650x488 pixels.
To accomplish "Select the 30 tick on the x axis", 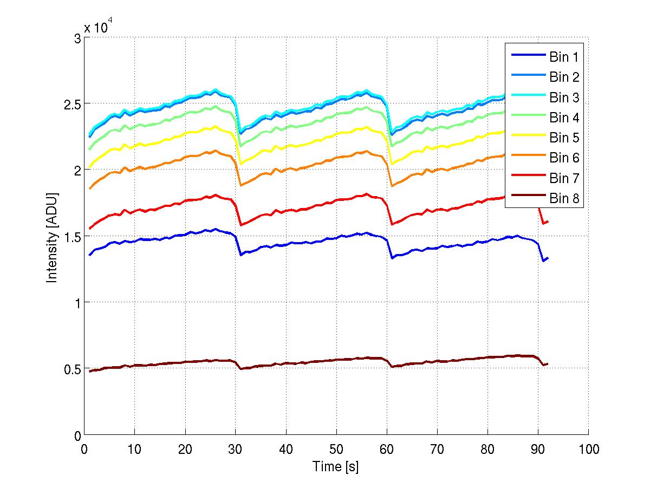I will pyautogui.click(x=235, y=449).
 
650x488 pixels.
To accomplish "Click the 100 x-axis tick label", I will pyautogui.click(x=588, y=449).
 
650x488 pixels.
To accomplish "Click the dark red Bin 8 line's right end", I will pyautogui.click(x=548, y=364).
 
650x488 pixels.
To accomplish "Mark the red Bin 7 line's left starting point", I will pyautogui.click(x=89, y=229).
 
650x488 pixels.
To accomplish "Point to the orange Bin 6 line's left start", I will pyautogui.click(x=89, y=188).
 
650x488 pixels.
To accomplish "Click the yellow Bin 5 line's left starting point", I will pyautogui.click(x=89, y=167).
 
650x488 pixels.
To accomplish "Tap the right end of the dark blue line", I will pyautogui.click(x=548, y=258).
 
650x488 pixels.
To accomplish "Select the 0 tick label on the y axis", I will pyautogui.click(x=77, y=435).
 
